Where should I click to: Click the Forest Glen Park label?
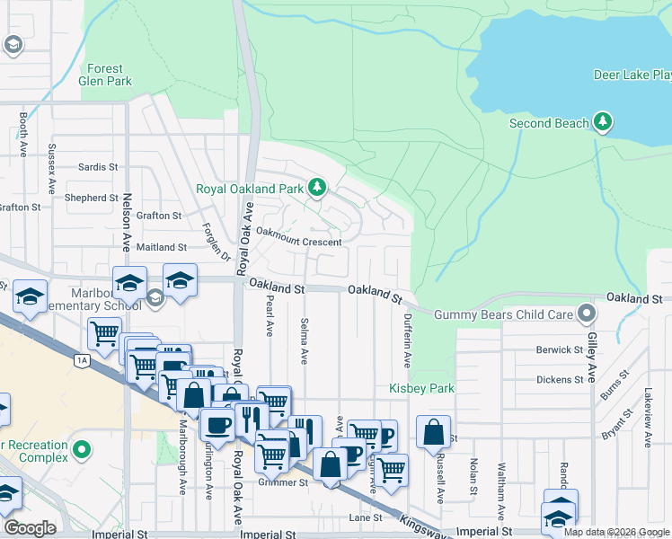(x=110, y=75)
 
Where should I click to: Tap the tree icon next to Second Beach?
(x=603, y=121)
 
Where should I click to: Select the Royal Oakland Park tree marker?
(x=316, y=188)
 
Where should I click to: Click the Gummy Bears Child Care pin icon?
(x=587, y=314)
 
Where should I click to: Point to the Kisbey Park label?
(x=421, y=388)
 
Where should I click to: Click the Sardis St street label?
(x=98, y=167)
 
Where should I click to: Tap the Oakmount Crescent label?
(x=298, y=243)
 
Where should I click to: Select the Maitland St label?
(x=162, y=246)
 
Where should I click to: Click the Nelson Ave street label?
(x=128, y=233)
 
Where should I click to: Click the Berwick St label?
(x=560, y=349)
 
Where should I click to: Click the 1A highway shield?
(x=82, y=359)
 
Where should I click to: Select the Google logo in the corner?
(x=30, y=528)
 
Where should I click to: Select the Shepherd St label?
(x=92, y=198)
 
